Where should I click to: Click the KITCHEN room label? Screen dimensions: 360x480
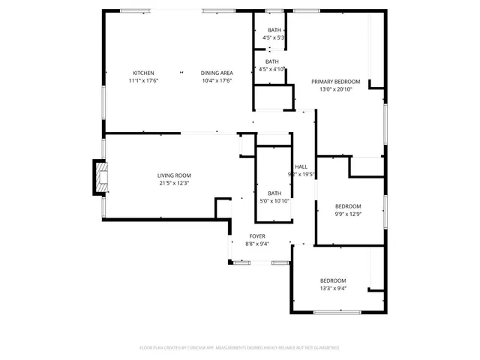pyautogui.click(x=144, y=73)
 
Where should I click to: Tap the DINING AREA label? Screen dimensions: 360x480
pyautogui.click(x=216, y=73)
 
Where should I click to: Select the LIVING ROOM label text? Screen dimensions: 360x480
pyautogui.click(x=173, y=175)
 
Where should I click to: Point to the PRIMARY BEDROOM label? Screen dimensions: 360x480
pyautogui.click(x=336, y=81)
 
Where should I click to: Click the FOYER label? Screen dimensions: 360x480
pyautogui.click(x=258, y=236)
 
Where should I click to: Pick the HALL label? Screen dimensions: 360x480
pyautogui.click(x=301, y=166)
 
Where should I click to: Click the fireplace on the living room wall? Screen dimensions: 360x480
pyautogui.click(x=98, y=178)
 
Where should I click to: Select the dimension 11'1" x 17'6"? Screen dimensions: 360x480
pyautogui.click(x=144, y=80)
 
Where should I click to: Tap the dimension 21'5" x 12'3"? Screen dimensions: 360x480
pyautogui.click(x=173, y=182)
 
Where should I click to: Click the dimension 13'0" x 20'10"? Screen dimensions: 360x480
pyautogui.click(x=336, y=88)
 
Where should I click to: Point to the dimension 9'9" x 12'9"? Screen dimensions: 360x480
pyautogui.click(x=347, y=214)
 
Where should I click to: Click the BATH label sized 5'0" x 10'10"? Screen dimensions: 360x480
pyautogui.click(x=274, y=193)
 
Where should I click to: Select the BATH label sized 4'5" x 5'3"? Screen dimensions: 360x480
pyautogui.click(x=273, y=30)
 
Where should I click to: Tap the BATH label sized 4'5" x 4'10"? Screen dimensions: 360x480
pyautogui.click(x=271, y=61)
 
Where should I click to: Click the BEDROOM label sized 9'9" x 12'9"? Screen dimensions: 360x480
pyautogui.click(x=347, y=206)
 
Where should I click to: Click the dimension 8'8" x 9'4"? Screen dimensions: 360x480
pyautogui.click(x=258, y=244)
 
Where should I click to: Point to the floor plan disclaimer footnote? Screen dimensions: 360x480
pyautogui.click(x=239, y=348)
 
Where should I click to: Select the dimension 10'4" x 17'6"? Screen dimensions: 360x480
pyautogui.click(x=216, y=80)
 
